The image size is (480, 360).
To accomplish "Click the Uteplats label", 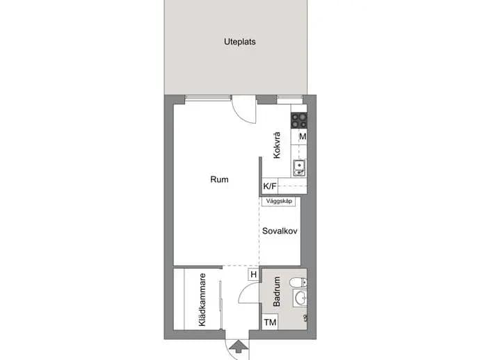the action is (240, 42).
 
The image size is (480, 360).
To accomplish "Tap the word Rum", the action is (219, 179).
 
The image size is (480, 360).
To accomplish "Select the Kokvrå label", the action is (276, 145).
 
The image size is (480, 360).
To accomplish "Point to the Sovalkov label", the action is (280, 231).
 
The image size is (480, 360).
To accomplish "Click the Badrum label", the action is (276, 291).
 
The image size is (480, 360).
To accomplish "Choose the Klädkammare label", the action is (202, 300).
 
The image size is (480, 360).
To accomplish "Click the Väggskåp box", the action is (279, 202).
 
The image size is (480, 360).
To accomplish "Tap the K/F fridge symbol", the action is (270, 186).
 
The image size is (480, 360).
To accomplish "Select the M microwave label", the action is (303, 136).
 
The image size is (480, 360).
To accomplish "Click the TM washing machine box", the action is (270, 322).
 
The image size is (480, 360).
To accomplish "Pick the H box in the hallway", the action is (253, 275).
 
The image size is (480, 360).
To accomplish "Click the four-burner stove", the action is (298, 120).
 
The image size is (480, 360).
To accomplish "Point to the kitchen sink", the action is (299, 168).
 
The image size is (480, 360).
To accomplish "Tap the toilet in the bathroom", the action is (298, 282).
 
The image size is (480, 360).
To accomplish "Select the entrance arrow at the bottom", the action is (239, 347).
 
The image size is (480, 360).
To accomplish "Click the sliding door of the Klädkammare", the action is (221, 305).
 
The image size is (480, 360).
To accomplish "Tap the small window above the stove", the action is (289, 97).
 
